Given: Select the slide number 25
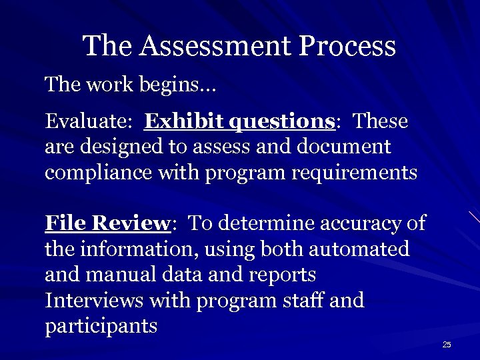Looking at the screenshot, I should point(447,344).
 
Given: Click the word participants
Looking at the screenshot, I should point(101,326).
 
